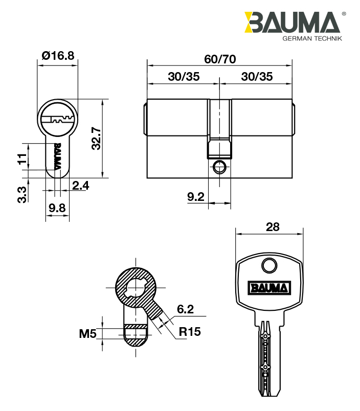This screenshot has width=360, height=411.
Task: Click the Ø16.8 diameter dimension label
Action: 58,56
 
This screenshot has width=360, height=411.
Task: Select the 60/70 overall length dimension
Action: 220,59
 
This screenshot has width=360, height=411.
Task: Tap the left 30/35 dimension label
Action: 184,77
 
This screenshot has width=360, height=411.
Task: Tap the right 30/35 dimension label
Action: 257,77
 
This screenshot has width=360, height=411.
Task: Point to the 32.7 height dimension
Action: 96,139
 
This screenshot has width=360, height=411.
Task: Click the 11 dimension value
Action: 22,159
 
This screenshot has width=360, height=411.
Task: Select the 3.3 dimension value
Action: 22,194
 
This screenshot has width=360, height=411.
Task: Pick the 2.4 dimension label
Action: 80,186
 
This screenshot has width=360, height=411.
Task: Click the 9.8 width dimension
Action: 57,208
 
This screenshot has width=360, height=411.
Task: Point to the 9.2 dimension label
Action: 196,197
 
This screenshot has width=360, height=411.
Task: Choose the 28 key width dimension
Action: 273,227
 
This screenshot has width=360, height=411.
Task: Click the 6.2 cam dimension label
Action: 185,309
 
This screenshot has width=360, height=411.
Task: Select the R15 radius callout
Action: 190,332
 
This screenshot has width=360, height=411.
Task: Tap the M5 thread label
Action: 87,334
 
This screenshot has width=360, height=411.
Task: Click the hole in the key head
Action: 269,265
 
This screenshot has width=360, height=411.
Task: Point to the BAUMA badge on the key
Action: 269,288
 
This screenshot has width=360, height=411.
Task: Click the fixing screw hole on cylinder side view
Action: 219,167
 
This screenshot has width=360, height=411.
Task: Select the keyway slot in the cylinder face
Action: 58,120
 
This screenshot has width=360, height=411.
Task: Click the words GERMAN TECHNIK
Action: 312,38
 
